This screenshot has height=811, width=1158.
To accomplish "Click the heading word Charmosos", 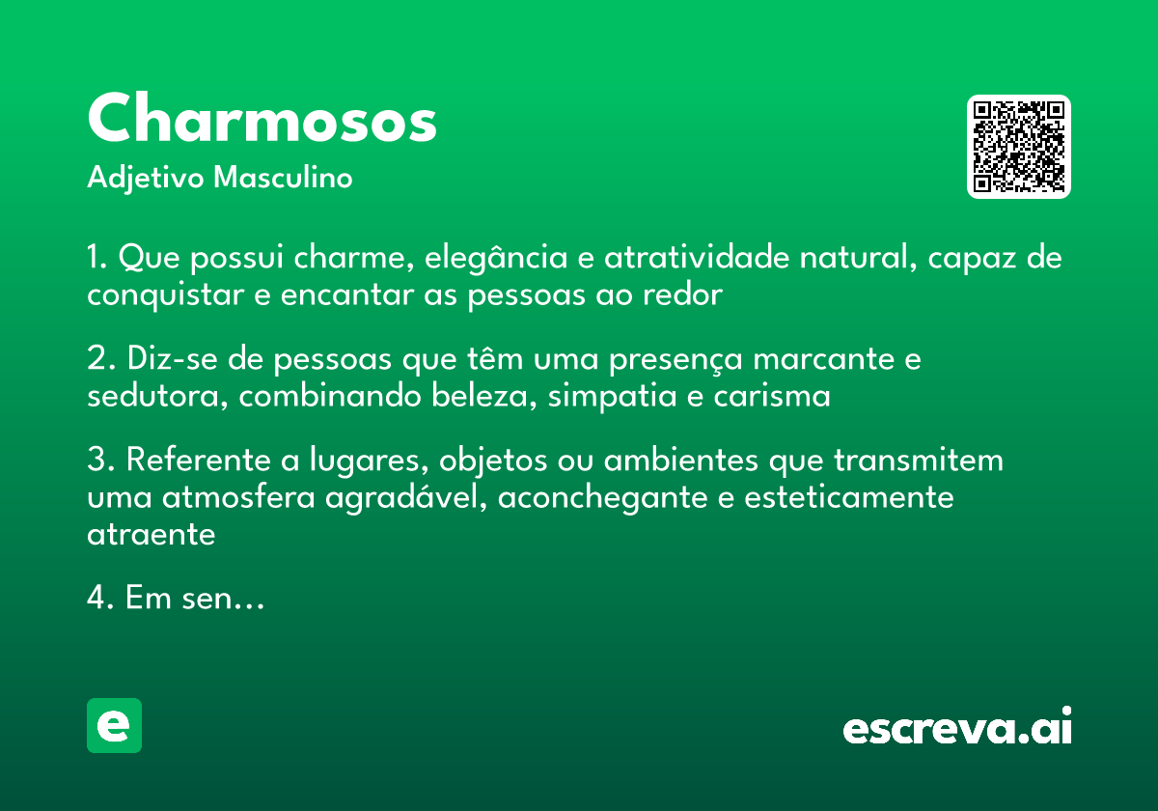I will click(x=262, y=121).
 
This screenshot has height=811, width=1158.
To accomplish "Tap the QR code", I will click(x=1019, y=147).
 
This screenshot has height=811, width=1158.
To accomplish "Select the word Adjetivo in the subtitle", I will click(x=145, y=179).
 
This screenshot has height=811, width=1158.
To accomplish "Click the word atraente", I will click(x=151, y=534).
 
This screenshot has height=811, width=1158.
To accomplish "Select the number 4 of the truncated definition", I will click(x=96, y=599).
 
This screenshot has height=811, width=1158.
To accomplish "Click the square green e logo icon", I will click(x=114, y=725).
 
